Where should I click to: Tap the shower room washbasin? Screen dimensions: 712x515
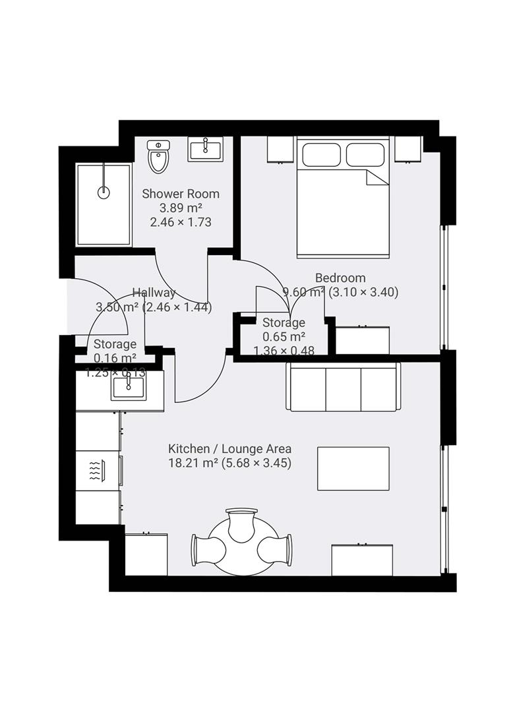tap(205, 149)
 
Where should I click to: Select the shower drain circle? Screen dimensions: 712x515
tap(104, 193)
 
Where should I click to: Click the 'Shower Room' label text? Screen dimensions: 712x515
tap(181, 194)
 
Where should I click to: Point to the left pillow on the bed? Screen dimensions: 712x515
tap(321, 155)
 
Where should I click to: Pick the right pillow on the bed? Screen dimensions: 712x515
tap(365, 155)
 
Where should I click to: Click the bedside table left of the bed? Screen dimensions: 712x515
tap(280, 150)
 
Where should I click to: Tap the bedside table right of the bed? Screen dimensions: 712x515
tap(408, 150)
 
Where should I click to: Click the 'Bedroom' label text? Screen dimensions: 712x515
tap(340, 278)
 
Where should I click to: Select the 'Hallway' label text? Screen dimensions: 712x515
tap(154, 293)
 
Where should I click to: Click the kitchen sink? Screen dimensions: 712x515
tap(129, 388)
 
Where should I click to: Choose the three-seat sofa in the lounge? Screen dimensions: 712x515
tap(343, 387)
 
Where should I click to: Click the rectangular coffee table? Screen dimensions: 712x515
tap(353, 469)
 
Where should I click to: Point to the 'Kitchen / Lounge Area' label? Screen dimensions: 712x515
tap(230, 449)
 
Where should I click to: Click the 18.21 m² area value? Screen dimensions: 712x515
tap(193, 463)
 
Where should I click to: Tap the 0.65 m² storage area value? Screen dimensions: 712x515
tap(284, 336)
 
